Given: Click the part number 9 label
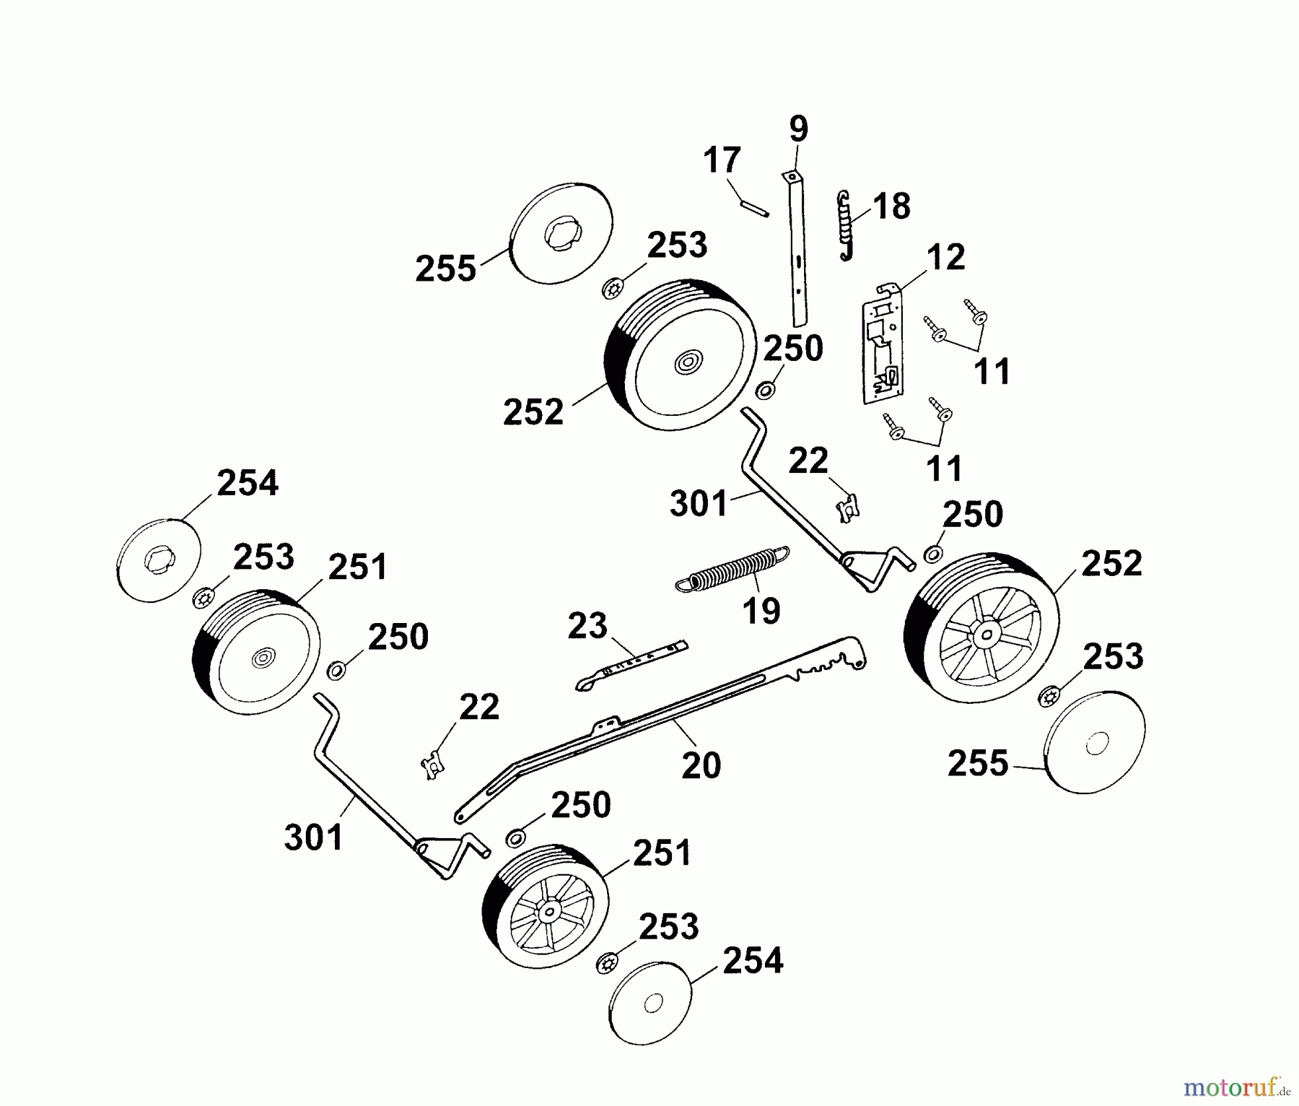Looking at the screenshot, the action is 798,130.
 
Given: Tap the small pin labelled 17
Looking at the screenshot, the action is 754,209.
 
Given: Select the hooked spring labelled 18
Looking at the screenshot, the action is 845,225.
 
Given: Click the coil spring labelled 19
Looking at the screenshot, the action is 732,567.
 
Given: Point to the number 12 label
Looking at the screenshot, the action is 945,258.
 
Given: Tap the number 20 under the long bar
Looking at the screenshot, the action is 701,765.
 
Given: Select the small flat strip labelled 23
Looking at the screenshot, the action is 631,664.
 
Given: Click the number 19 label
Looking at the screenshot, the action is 761,611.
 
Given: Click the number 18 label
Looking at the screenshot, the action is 892,206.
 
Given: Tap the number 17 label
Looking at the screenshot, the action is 722,160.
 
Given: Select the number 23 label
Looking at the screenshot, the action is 587,625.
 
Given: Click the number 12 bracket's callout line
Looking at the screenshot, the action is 907,279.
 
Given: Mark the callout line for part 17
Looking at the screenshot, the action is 737,191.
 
